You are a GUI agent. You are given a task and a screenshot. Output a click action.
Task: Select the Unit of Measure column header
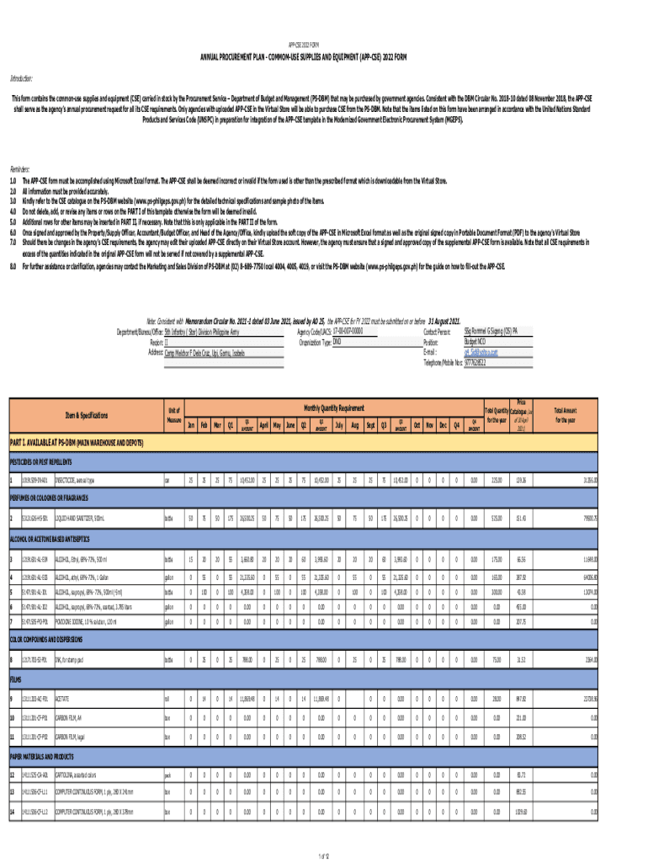click(x=175, y=414)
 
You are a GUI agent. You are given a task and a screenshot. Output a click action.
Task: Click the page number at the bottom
click(x=323, y=856)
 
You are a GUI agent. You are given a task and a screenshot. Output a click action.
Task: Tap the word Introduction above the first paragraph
click(x=21, y=78)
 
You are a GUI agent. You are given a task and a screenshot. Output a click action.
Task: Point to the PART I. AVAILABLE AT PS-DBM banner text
click(x=76, y=442)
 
